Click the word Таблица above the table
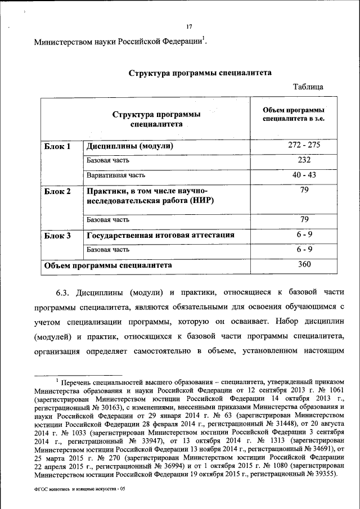tap(308, 87)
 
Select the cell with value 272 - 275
tap(304, 145)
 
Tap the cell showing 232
tap(304, 160)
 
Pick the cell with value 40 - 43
tap(304, 175)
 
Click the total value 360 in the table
tap(304, 264)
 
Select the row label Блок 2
tap(57, 191)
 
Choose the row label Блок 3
tap(57, 235)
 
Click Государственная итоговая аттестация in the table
tap(160, 235)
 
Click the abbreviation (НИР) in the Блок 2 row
tap(199, 201)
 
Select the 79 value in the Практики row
tap(304, 191)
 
